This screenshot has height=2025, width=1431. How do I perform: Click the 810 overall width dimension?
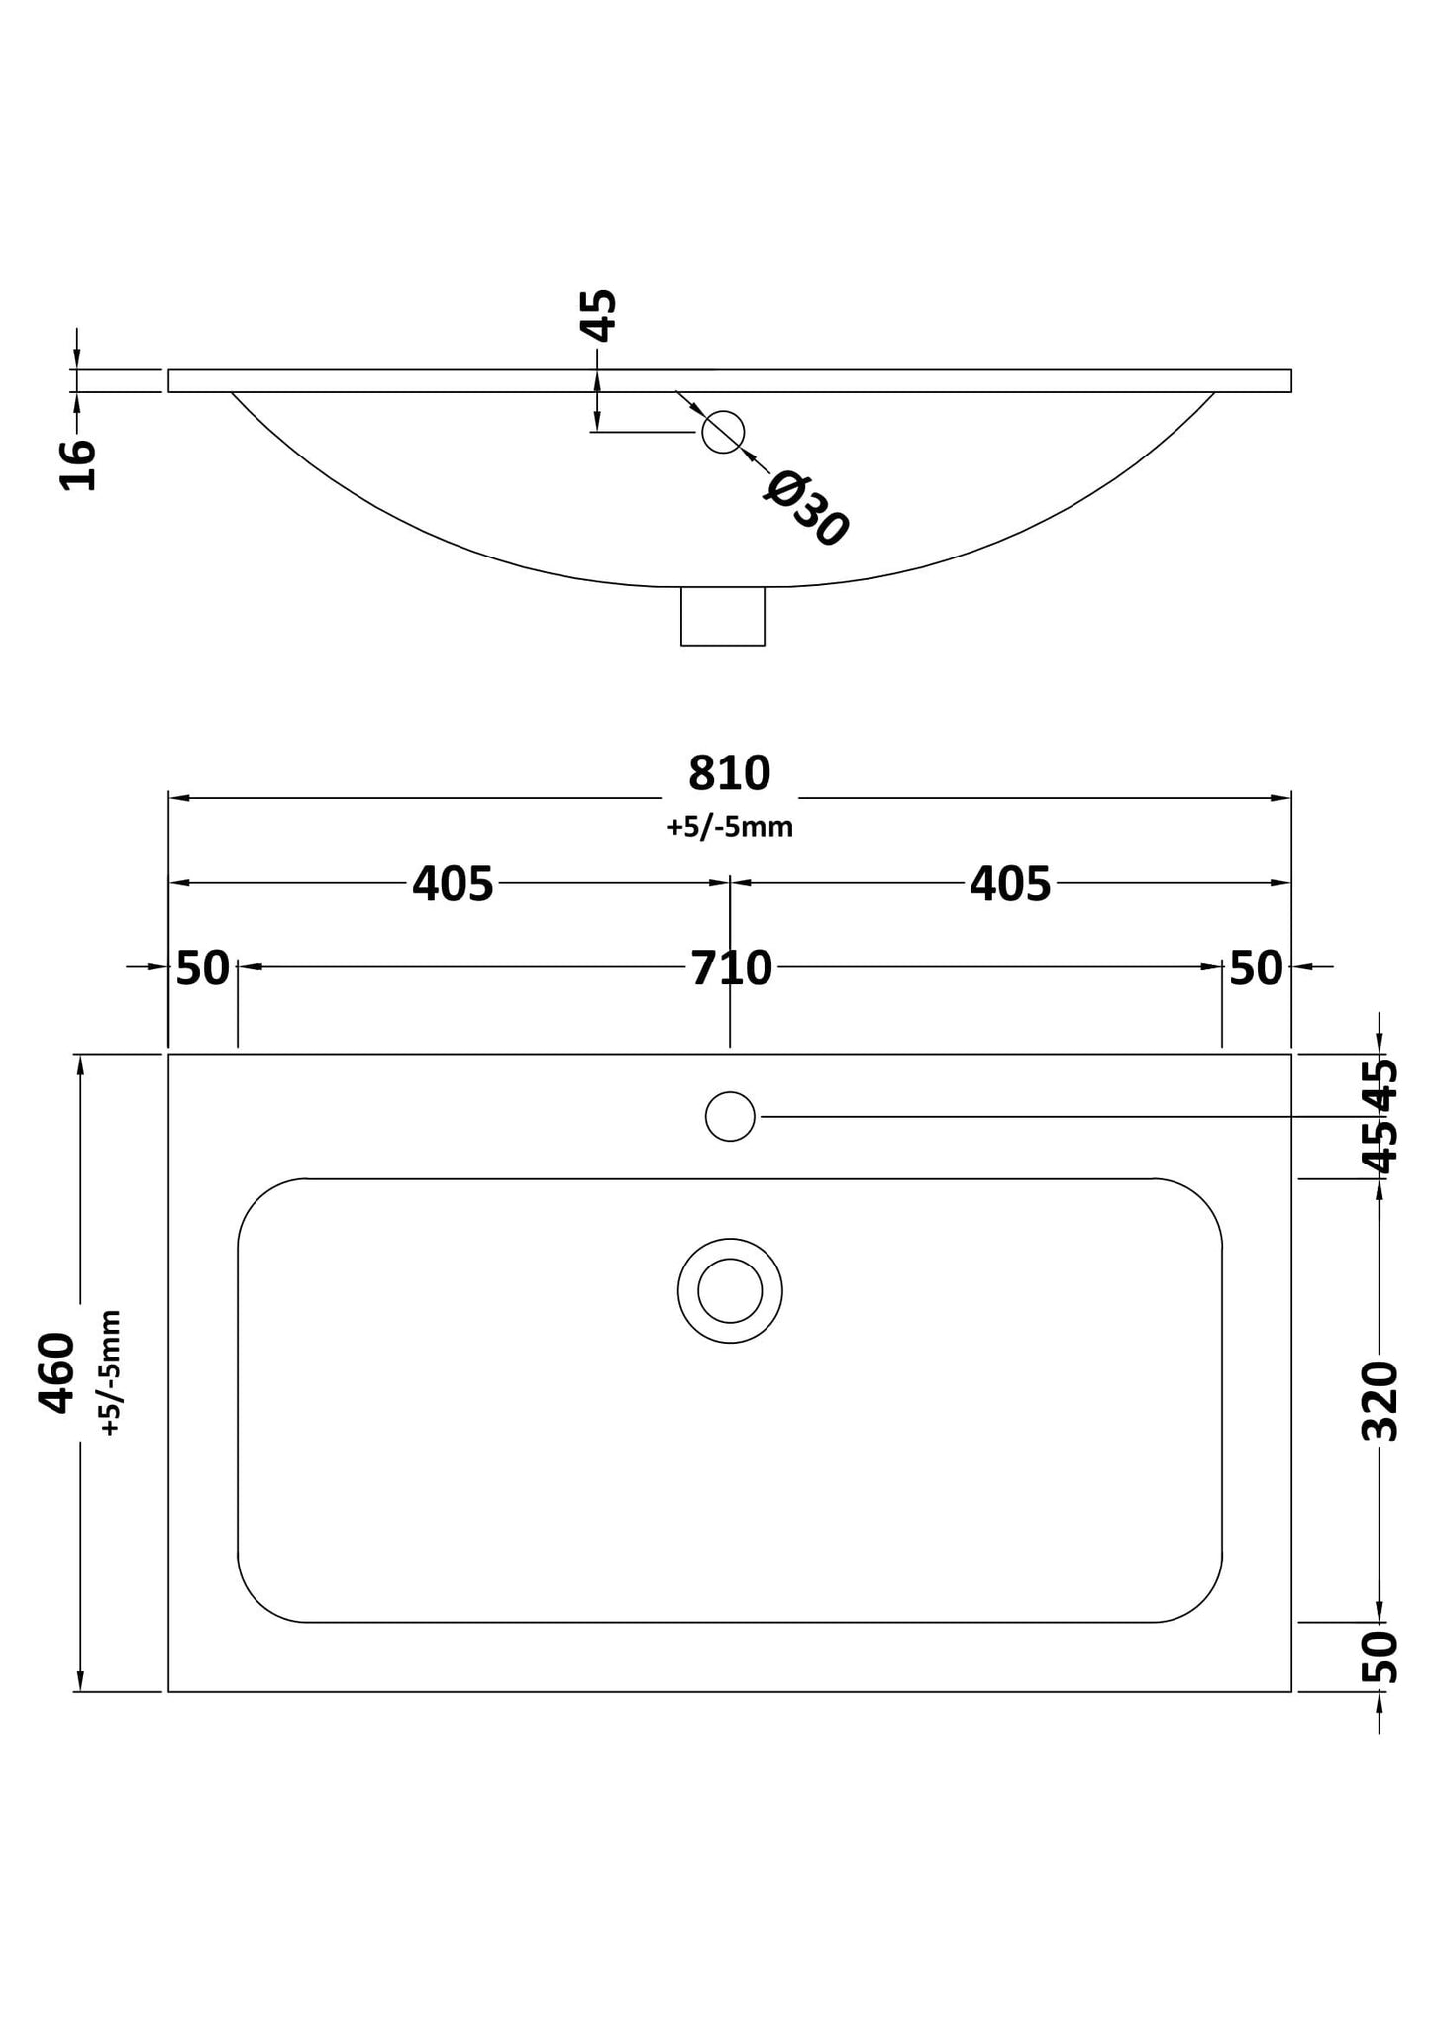729,774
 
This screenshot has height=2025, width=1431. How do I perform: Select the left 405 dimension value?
453,884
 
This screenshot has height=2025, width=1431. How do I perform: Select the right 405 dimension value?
1009,884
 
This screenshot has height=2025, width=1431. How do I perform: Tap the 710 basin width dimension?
731,968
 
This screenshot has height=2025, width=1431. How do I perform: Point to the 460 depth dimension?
57,1372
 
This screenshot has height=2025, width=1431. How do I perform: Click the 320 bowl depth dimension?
1380,1400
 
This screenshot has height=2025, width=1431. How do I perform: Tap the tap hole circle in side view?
723,432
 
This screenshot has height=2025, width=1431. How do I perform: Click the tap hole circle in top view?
730,1116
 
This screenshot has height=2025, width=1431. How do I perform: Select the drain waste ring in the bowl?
730,1290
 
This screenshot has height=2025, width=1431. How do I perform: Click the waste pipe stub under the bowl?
723,616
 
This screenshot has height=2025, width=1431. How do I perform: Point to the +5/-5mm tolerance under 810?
730,827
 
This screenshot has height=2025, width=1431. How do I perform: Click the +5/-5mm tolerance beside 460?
110,1372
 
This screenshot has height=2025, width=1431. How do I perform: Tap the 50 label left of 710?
203,968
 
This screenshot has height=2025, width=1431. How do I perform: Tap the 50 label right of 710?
1256,968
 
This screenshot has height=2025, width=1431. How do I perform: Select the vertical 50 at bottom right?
1380,1657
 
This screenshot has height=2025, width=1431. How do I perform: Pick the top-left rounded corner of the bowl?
261,1204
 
